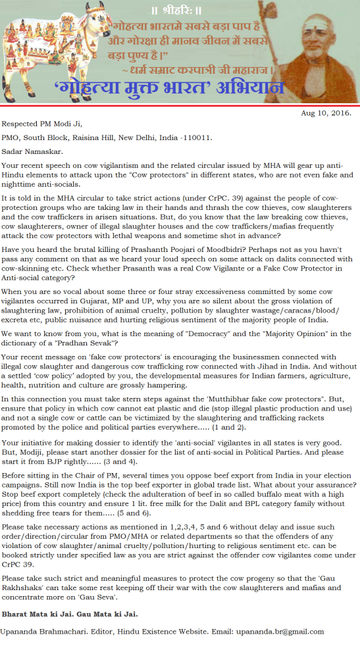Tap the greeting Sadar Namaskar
coord(31,151)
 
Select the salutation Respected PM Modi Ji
coord(43,123)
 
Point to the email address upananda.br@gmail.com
coord(280,632)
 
